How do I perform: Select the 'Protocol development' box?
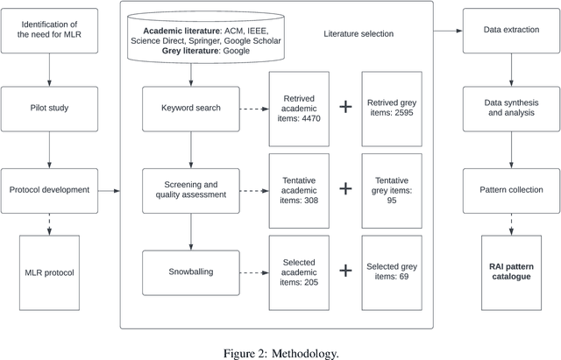pyautogui.click(x=49, y=190)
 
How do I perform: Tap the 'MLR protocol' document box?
pyautogui.click(x=49, y=271)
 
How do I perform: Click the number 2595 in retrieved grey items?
pyautogui.click(x=403, y=113)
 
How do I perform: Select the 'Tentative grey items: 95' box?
pyautogui.click(x=391, y=188)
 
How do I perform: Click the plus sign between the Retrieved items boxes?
pyautogui.click(x=345, y=107)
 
